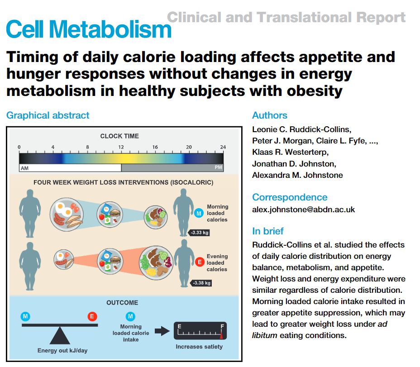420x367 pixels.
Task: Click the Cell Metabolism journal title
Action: tap(89, 29)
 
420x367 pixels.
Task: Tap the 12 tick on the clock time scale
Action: tap(121, 148)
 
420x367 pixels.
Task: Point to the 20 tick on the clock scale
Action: tap(189, 148)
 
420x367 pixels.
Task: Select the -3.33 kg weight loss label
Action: tap(199, 233)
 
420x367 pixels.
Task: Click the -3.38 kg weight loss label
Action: tap(200, 283)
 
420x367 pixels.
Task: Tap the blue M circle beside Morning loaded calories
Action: tap(198, 213)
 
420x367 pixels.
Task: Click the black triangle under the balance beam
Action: tap(59, 336)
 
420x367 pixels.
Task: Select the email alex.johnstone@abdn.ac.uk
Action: tap(304, 210)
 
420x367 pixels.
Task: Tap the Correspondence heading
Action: tap(290, 197)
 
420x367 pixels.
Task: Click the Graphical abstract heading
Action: tap(48, 115)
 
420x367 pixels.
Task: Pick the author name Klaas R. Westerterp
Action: tap(294, 152)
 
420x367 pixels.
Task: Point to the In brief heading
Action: tap(268, 231)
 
